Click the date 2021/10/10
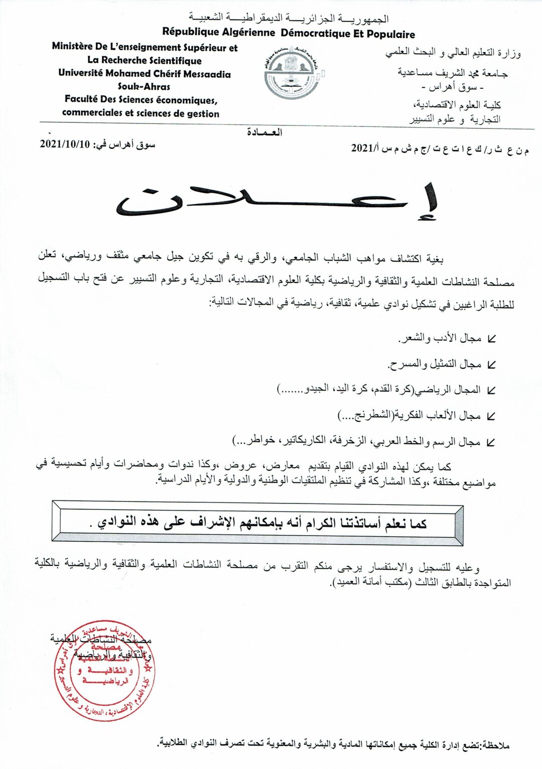[x=65, y=145]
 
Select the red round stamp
[x=104, y=671]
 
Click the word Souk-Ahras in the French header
[x=144, y=86]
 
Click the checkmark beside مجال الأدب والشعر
[x=491, y=339]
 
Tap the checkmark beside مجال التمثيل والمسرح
[x=491, y=365]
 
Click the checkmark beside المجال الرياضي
[x=491, y=391]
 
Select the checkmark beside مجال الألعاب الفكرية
[x=491, y=416]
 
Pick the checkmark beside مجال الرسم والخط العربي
[x=491, y=442]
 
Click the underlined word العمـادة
[x=264, y=133]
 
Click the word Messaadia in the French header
[x=207, y=74]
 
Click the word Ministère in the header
[x=73, y=47]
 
